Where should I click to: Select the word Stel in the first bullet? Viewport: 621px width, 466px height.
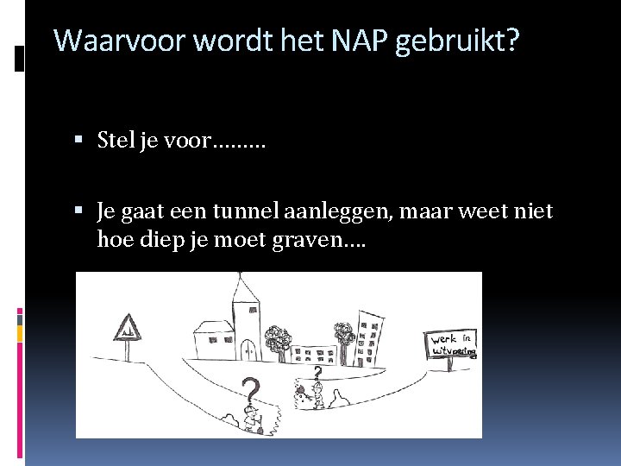(116, 140)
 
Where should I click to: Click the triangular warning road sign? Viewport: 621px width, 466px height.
(127, 329)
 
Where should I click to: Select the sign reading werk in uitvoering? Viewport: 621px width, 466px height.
(452, 344)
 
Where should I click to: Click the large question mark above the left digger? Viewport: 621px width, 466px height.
(250, 394)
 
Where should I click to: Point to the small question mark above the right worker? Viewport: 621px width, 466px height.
(317, 373)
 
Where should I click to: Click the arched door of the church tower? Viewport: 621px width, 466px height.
(248, 349)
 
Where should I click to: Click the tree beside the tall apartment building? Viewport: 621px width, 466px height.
(345, 337)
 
